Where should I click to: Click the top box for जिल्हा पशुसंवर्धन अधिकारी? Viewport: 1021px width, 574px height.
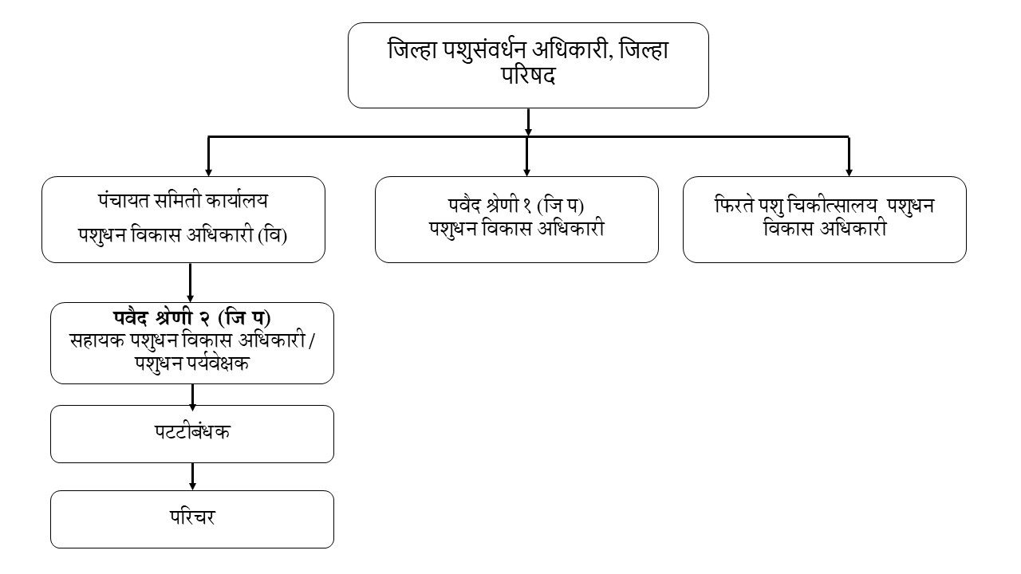point(528,65)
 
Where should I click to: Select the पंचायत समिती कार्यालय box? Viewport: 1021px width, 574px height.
point(183,219)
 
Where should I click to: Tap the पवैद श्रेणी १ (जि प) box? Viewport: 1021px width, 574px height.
point(517,219)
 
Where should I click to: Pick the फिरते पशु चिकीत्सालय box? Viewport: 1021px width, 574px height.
point(825,219)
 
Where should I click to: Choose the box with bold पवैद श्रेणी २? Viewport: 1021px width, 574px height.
point(191,343)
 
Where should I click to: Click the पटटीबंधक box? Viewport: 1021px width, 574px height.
point(191,434)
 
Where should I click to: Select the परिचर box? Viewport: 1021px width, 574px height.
point(191,519)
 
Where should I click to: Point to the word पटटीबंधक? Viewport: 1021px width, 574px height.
point(193,433)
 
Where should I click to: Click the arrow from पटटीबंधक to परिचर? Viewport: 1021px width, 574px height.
point(192,477)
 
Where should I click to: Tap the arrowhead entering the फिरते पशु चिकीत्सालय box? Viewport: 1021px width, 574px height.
point(849,170)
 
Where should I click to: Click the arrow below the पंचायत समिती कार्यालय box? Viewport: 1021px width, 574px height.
point(190,282)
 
